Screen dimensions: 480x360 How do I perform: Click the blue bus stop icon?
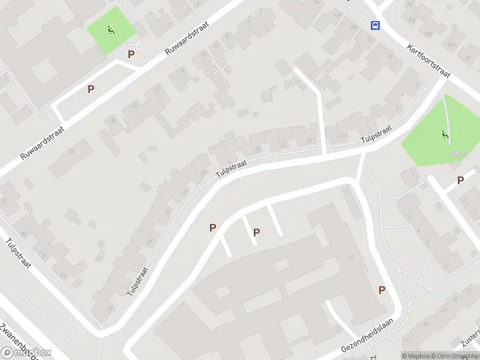pos(376,25)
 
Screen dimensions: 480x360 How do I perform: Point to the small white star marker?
pos(140,46)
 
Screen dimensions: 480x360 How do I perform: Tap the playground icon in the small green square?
pos(111,30)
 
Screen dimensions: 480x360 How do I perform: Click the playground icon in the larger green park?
pos(445,136)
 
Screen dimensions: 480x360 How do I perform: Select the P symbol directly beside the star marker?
pos(131,55)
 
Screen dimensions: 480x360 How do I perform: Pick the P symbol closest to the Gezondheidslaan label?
pos(382,290)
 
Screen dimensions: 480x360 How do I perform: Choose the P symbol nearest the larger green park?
pos(460,180)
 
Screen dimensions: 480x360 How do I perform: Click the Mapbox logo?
pos(27,353)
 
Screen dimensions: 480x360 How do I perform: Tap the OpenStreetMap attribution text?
pos(457,356)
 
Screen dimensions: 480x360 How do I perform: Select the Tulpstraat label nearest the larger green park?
pos(376,134)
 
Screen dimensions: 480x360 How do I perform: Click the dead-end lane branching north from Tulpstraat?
pos(315,102)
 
